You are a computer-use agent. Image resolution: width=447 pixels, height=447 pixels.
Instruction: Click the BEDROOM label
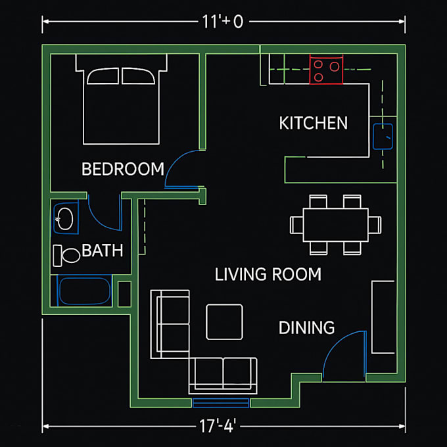[123, 169]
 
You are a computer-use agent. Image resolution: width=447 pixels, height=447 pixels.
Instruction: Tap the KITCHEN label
[314, 123]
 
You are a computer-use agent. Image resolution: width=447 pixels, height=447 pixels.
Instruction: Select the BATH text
[103, 250]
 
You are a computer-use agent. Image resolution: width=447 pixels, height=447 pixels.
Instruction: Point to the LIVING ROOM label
[268, 274]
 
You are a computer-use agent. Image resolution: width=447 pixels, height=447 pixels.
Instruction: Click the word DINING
[307, 327]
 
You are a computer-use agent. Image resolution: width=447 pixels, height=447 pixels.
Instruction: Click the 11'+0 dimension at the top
[223, 22]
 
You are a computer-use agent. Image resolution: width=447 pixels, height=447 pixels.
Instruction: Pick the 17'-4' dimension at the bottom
[218, 426]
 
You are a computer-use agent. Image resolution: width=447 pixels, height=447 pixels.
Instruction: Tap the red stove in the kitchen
[326, 69]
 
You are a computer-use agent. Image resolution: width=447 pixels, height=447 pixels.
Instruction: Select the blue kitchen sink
[383, 136]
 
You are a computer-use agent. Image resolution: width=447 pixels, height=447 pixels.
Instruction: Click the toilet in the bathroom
[66, 256]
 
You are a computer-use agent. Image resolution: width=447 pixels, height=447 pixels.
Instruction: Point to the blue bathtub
[85, 291]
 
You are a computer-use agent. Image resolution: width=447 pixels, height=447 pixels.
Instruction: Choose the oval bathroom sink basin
[65, 219]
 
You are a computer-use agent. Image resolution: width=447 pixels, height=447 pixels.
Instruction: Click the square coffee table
[224, 322]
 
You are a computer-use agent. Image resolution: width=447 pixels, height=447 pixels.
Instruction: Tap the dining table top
[335, 225]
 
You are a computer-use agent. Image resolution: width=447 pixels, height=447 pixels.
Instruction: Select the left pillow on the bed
[103, 76]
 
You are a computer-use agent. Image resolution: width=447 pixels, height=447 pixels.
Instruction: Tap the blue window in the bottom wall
[221, 403]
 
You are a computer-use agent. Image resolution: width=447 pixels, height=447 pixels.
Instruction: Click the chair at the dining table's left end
[296, 225]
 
